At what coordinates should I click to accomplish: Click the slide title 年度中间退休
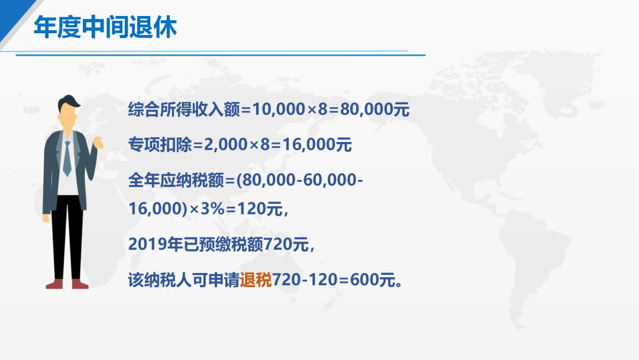click(105, 27)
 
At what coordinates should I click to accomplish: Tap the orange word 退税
click(256, 280)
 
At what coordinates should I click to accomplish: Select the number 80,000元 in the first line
click(375, 110)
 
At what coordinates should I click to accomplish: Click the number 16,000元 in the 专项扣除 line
click(317, 144)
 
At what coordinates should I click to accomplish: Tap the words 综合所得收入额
click(184, 110)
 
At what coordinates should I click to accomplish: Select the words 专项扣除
click(160, 144)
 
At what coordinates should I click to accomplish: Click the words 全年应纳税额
click(176, 180)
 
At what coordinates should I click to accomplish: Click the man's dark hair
click(68, 102)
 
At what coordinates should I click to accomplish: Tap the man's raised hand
click(98, 143)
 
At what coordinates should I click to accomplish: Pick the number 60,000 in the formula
click(330, 180)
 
